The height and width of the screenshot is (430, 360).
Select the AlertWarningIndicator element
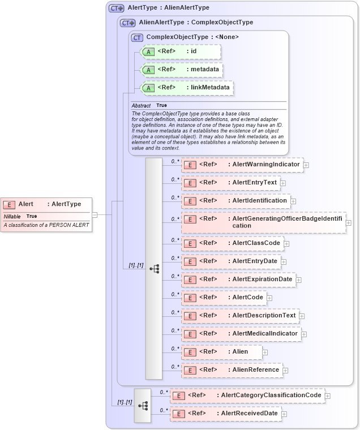[242, 165]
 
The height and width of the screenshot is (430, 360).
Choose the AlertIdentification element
[235, 201]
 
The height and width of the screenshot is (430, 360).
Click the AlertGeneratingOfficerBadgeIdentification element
[263, 222]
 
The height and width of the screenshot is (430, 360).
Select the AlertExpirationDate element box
[238, 279]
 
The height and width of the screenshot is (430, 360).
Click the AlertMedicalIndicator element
[241, 334]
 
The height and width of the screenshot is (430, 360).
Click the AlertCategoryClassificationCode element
[247, 395]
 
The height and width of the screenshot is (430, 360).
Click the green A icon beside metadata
[148, 70]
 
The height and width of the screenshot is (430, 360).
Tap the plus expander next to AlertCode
[269, 298]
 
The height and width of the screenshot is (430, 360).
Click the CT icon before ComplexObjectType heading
[136, 37]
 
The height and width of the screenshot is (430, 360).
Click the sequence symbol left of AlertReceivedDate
[143, 405]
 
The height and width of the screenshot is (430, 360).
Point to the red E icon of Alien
[191, 352]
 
